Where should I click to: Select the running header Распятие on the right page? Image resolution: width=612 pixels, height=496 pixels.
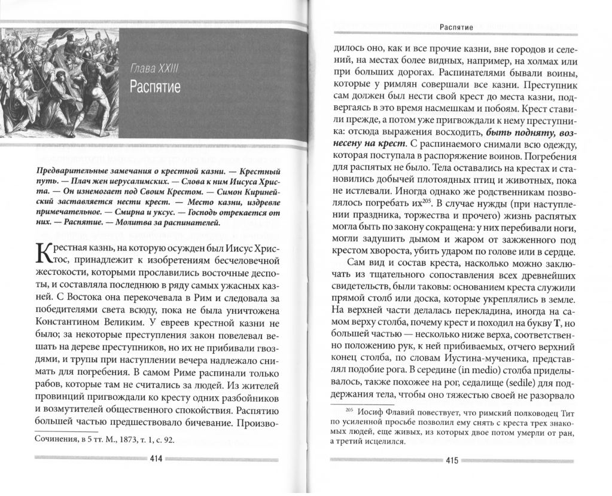456,27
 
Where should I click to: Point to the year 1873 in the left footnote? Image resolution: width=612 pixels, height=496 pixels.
120,440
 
